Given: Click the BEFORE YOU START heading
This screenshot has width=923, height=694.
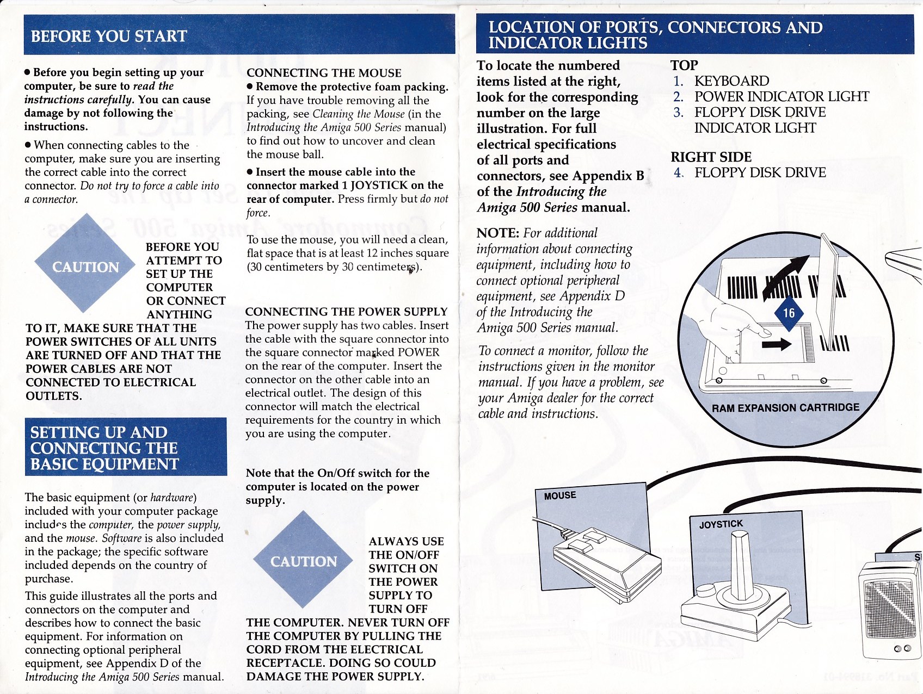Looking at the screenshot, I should (x=109, y=36).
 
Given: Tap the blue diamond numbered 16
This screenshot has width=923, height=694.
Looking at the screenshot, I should (x=789, y=313).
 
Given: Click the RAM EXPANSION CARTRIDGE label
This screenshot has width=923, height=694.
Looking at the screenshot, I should (x=785, y=407).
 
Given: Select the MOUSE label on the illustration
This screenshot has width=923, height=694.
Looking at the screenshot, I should (x=560, y=495).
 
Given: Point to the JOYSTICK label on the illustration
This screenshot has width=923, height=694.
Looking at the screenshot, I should (x=721, y=524).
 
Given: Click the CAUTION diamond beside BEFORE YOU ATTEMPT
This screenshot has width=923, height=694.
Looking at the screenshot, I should (x=85, y=266).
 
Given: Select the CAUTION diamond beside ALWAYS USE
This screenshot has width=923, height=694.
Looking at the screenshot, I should (x=303, y=561).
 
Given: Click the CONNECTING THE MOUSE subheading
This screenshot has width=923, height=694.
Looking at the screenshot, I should (x=324, y=73).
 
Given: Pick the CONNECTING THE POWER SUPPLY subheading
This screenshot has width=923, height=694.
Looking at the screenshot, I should (x=346, y=312).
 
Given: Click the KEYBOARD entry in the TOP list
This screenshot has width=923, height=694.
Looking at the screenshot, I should (x=731, y=81).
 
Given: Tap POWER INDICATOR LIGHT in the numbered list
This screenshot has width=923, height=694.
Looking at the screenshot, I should (x=782, y=97).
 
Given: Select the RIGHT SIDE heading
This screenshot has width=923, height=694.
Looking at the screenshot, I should (x=711, y=157).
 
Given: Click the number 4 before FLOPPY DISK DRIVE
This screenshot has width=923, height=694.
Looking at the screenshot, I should (x=678, y=172).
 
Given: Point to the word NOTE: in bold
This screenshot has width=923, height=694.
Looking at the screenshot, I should (x=497, y=233).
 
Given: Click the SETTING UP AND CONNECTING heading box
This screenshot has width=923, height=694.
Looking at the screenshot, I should (x=126, y=447).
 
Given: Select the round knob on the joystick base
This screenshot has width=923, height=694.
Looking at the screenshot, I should (x=706, y=590).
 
